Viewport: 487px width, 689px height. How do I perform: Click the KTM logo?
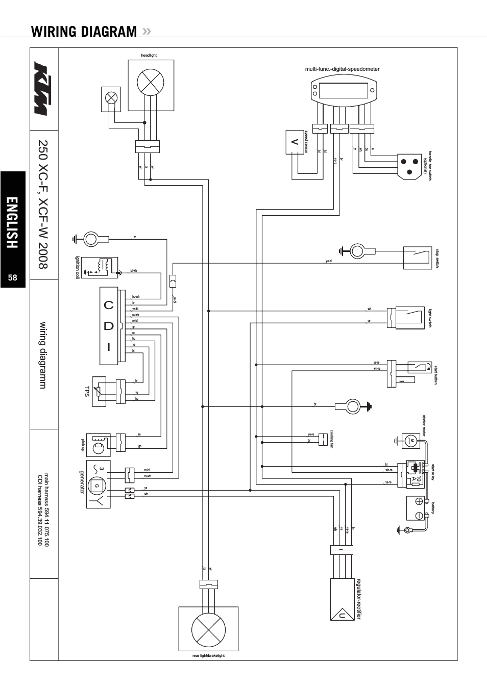44,89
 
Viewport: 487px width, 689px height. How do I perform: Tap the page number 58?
13,277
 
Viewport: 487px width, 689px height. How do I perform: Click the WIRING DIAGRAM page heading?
84,32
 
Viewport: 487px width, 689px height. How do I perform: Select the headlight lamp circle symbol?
150,82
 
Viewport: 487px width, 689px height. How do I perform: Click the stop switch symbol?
417,258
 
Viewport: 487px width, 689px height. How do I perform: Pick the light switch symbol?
406,318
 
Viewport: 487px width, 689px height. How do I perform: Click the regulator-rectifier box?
342,599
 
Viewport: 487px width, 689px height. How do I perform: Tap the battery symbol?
419,508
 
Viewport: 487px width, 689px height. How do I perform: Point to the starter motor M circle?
411,441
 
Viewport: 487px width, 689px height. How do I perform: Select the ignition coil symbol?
100,267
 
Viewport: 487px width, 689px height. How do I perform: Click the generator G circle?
96,486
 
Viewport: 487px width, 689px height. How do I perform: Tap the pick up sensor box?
98,444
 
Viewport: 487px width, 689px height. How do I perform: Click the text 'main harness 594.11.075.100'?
46,509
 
